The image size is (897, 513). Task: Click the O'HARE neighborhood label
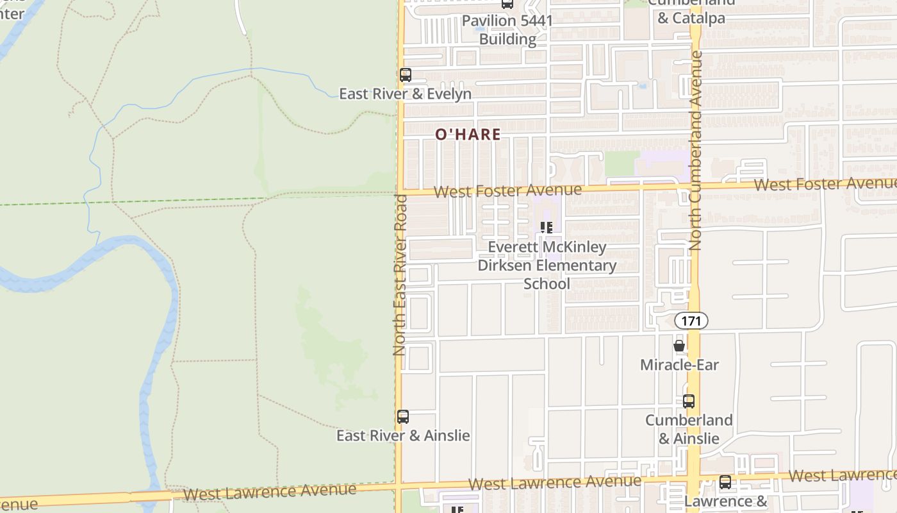point(468,135)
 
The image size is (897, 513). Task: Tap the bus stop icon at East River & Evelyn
point(406,74)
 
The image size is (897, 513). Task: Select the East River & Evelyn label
point(405,94)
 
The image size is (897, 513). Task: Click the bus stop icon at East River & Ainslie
point(403,417)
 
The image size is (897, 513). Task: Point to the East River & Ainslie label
point(403,436)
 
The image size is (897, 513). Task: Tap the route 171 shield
point(691,321)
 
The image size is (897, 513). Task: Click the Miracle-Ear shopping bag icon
point(679,346)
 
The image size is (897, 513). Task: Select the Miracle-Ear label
point(679,365)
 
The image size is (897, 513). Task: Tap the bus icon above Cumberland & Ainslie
point(689,401)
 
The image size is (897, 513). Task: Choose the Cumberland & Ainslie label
point(689,429)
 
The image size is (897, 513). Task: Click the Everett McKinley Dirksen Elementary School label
point(547,265)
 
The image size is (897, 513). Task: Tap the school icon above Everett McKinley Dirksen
point(547,228)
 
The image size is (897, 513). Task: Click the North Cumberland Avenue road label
point(696,151)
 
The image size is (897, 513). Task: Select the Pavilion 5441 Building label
point(507,29)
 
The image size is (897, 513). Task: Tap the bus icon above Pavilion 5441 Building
point(507,4)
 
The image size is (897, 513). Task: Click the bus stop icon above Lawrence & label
point(725,482)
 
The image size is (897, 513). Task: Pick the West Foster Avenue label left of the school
point(507,191)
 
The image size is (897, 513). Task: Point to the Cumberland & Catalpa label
point(691,12)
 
